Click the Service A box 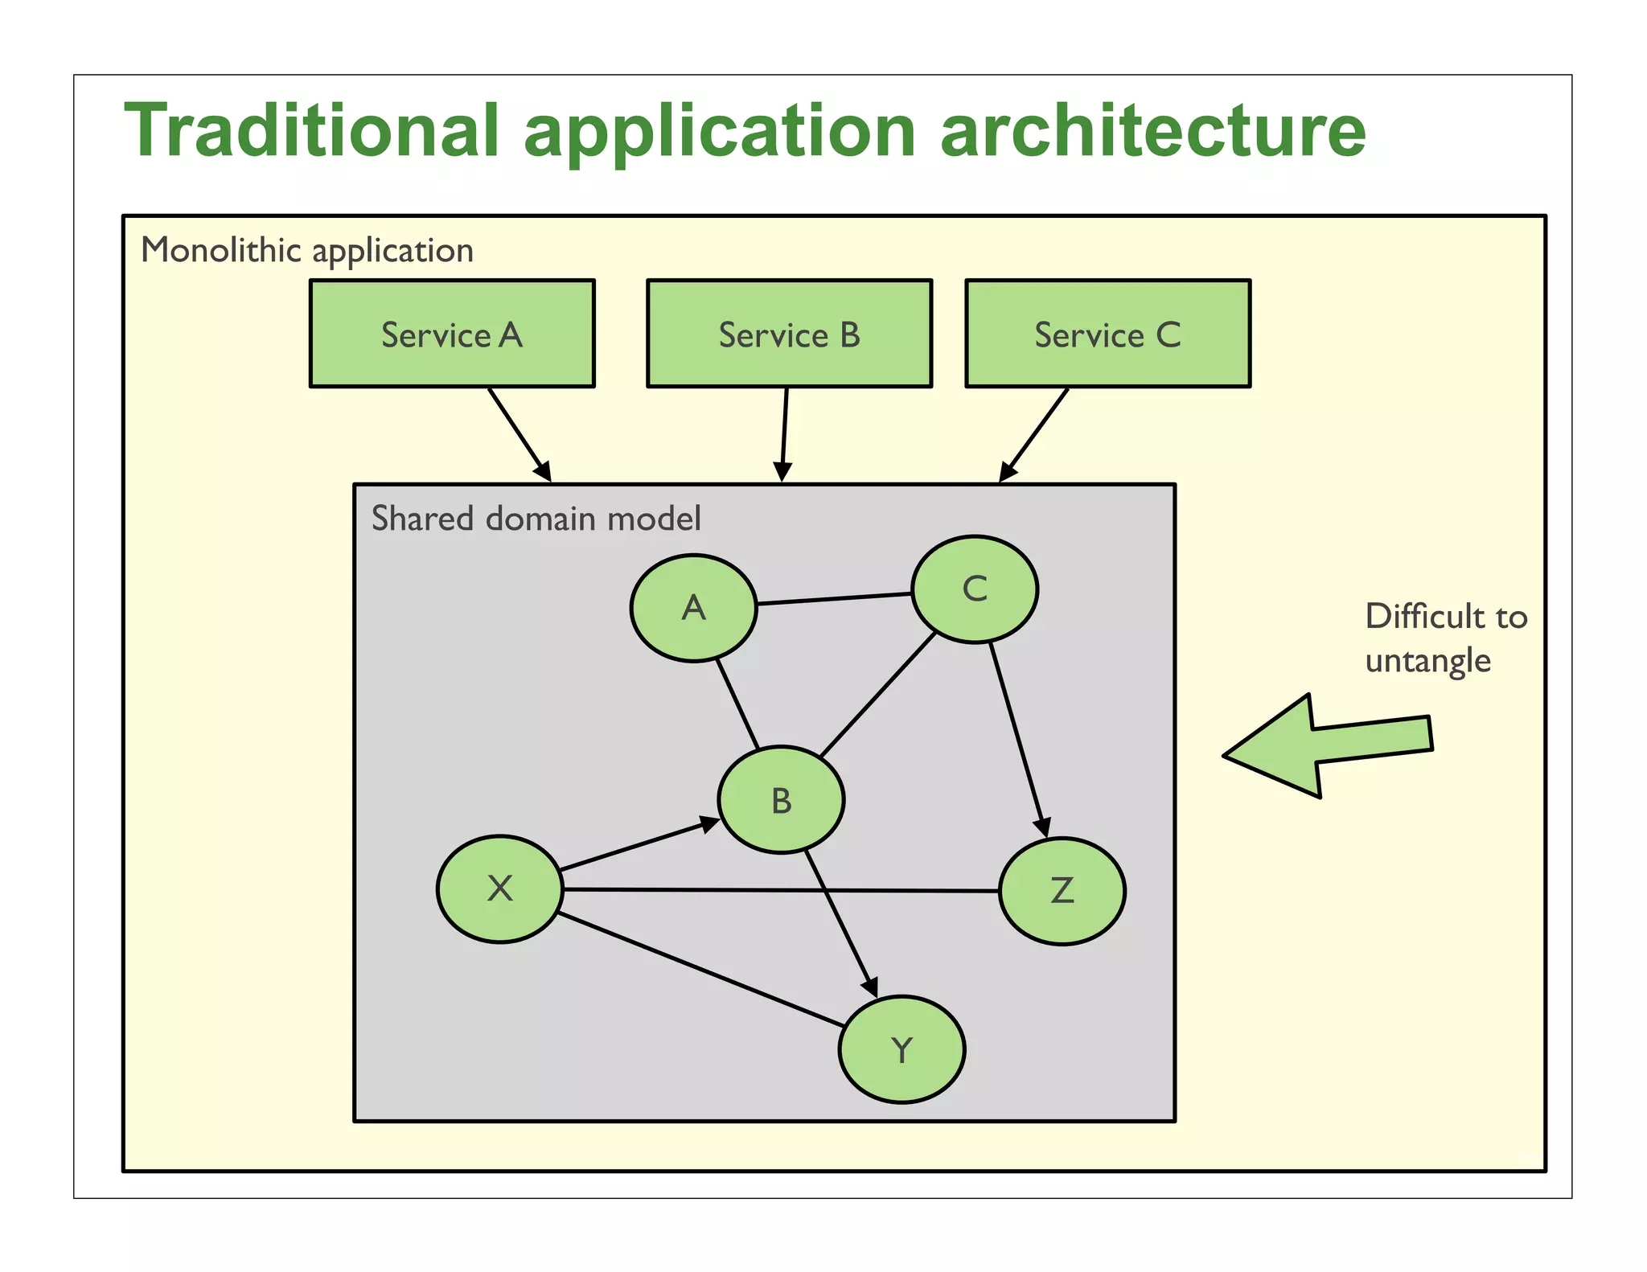(452, 334)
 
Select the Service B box (789, 334)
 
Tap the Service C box (1107, 334)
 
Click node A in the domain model (693, 608)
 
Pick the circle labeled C (975, 589)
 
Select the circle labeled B (781, 800)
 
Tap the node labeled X (499, 888)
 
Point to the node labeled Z (1062, 891)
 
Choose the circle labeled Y (902, 1049)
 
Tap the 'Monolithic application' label (307, 250)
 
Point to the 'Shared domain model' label (536, 519)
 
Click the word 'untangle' (1427, 661)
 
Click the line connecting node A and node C (834, 599)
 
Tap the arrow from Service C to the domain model (1034, 435)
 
